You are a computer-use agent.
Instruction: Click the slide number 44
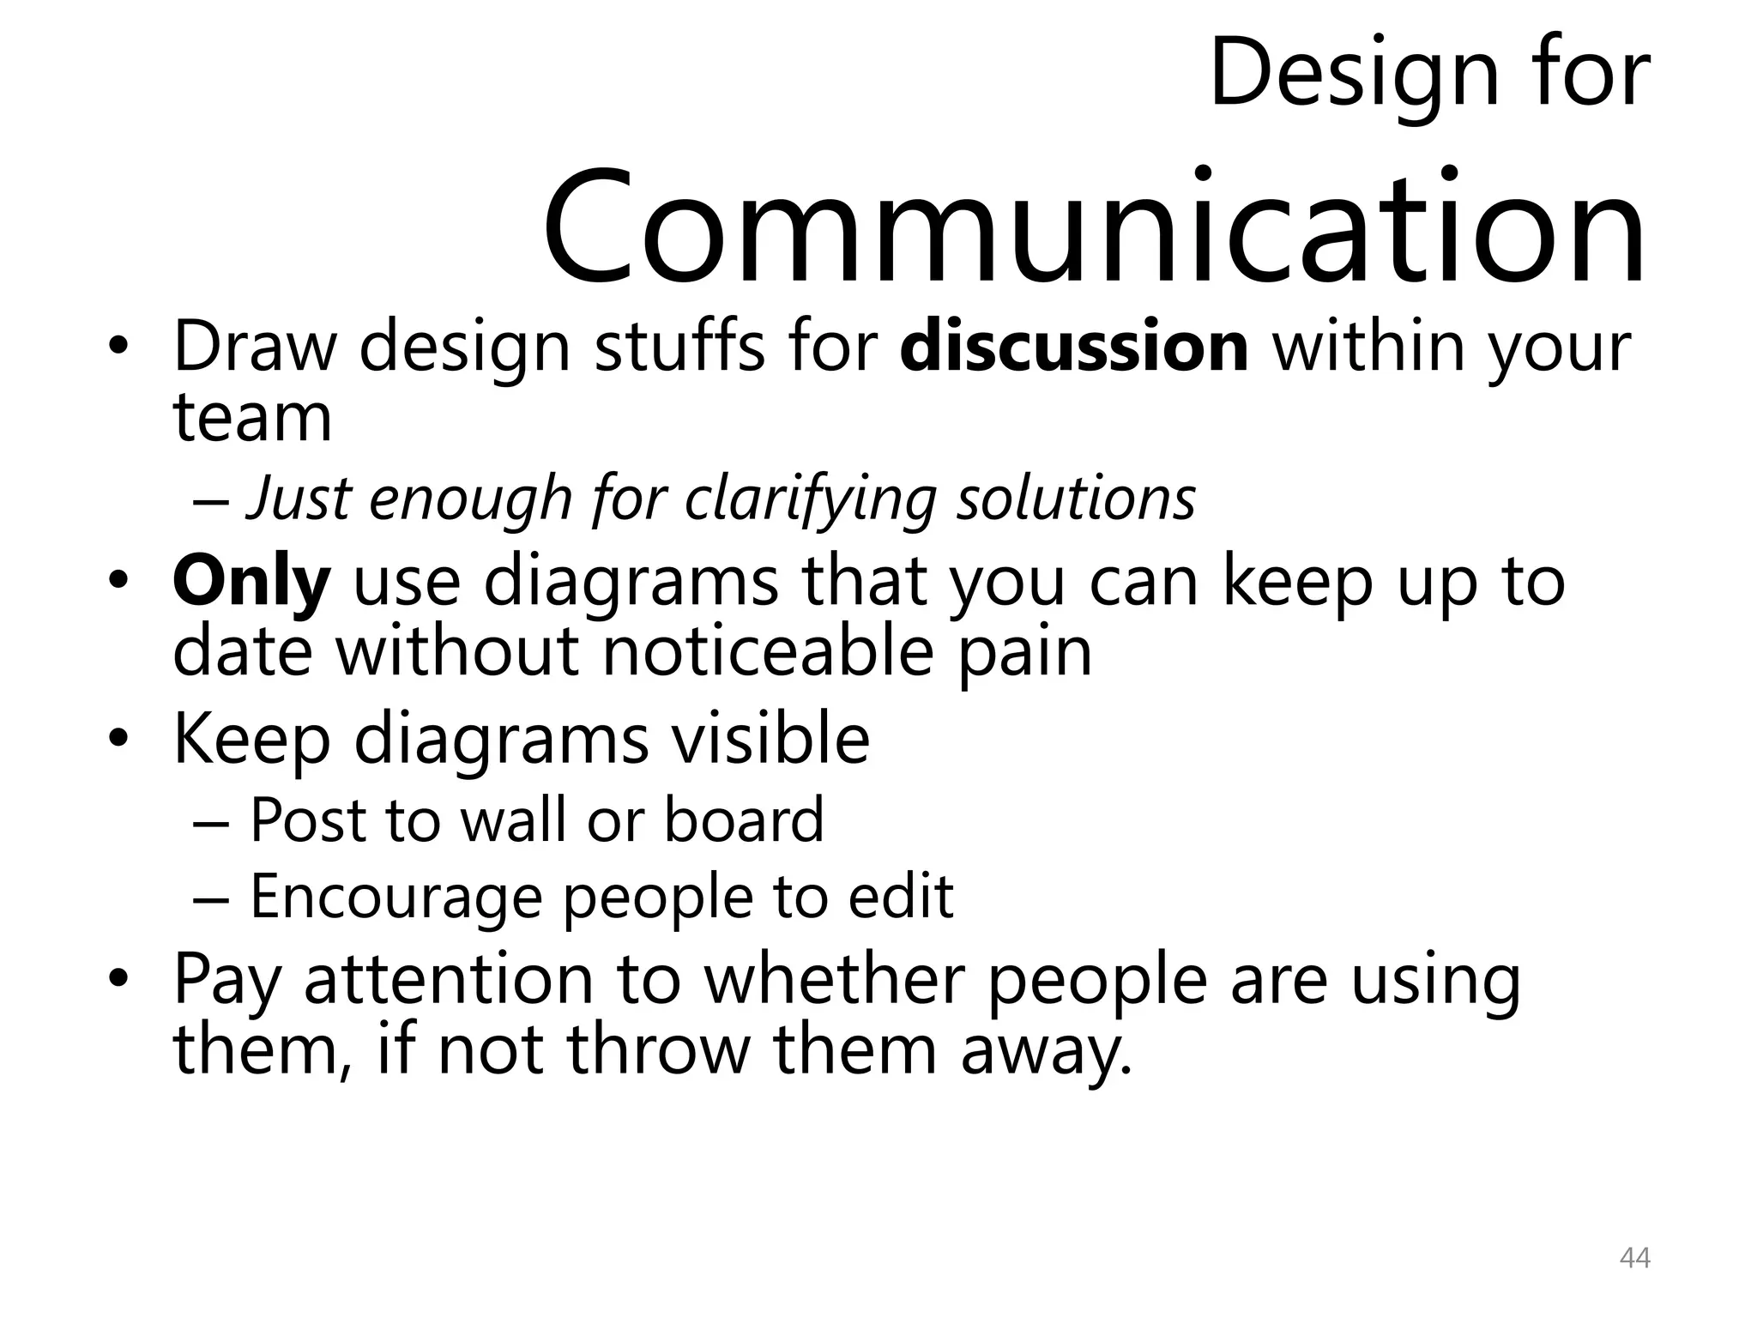point(1634,1259)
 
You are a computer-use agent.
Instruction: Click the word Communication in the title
point(1094,227)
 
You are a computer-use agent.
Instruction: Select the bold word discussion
point(1074,347)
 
